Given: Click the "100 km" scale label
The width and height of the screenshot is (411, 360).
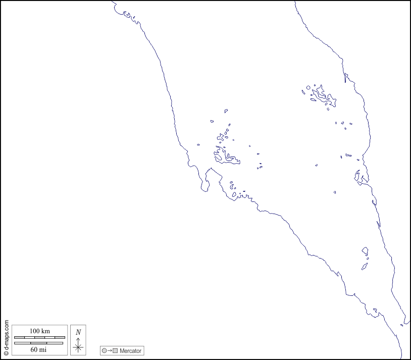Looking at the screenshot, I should (39, 331).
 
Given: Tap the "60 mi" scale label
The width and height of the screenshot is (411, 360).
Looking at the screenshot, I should (39, 349).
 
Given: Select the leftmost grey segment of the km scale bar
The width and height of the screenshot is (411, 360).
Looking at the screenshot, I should (19, 337).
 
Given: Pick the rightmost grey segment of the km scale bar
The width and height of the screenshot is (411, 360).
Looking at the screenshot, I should (60, 337).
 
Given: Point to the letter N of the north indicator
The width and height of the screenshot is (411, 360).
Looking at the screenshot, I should (78, 332).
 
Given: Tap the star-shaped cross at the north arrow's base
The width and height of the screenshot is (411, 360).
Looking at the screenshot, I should (78, 347).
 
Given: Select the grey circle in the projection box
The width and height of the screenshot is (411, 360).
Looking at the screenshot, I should (104, 350).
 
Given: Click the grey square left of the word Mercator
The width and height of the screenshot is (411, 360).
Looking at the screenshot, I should (115, 350).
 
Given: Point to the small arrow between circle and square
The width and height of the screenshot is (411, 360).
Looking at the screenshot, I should (110, 350).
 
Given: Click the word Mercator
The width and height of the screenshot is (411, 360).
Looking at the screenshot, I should (131, 350).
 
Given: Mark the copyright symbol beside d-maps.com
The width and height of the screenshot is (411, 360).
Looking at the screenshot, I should (6, 353).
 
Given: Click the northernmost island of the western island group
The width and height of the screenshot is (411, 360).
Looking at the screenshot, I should (226, 111).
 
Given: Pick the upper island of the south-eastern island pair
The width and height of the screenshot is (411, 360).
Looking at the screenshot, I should (365, 251).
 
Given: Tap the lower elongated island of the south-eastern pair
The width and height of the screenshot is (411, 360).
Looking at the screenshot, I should (364, 266).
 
